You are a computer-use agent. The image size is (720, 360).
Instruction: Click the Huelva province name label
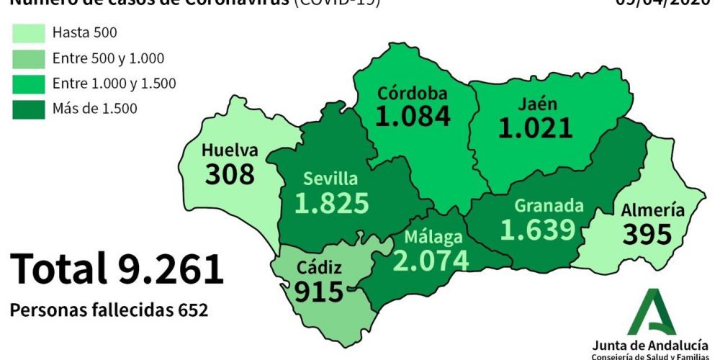(230, 150)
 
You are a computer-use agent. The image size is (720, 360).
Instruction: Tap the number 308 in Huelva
(230, 174)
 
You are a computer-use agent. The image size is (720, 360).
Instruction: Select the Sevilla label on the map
(330, 179)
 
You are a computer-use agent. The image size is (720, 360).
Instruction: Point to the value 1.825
(332, 203)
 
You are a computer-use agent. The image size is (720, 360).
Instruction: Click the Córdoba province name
(413, 93)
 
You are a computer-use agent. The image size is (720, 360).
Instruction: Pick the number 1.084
(413, 116)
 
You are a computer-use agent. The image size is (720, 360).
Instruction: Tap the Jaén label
(536, 104)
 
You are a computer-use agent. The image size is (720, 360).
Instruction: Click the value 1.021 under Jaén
(536, 127)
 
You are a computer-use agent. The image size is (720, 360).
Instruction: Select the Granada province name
(549, 206)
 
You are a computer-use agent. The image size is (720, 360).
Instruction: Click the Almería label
(652, 210)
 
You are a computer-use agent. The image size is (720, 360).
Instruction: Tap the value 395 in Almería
(647, 234)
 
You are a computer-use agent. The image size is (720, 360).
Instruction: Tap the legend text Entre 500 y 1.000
(108, 58)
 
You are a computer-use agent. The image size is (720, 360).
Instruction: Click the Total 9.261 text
(117, 269)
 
